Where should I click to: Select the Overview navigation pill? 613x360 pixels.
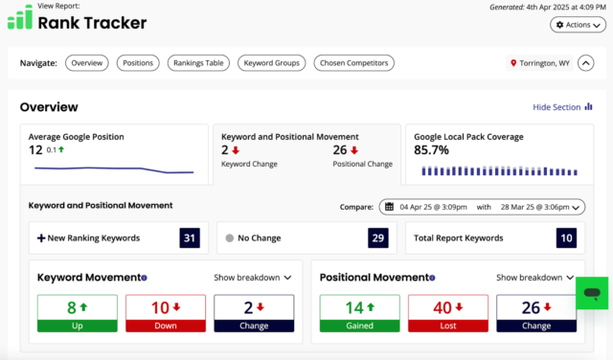[86, 63]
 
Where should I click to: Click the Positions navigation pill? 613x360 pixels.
[138, 63]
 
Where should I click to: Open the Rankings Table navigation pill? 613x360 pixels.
[198, 63]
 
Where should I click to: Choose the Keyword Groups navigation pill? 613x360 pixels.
[271, 63]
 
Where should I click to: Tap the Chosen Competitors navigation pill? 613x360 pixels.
[353, 63]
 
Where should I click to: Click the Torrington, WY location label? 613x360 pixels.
[538, 63]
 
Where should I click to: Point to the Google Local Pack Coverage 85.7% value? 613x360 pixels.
[431, 151]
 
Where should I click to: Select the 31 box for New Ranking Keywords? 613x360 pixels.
[191, 237]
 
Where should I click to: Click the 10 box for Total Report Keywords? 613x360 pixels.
[567, 237]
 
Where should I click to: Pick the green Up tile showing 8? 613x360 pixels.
[78, 313]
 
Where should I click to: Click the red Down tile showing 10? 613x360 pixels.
[165, 313]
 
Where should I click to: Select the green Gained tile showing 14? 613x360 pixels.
[359, 313]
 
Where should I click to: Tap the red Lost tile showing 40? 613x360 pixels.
[447, 313]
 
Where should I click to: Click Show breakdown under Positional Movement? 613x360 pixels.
[534, 278]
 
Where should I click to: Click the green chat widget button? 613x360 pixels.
[591, 294]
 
